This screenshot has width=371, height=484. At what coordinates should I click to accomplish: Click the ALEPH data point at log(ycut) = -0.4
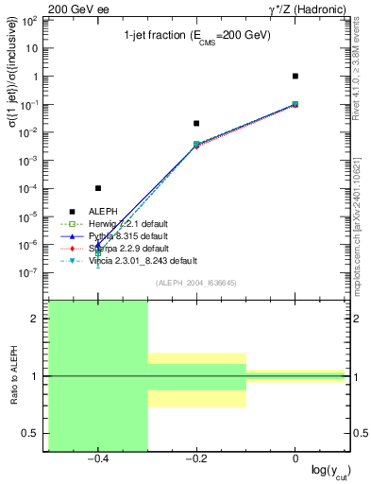pyautogui.click(x=98, y=188)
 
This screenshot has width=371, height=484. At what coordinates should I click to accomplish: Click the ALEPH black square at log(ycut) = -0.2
pyautogui.click(x=196, y=123)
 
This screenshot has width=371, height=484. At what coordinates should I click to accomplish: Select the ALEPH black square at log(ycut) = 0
pyautogui.click(x=295, y=76)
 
